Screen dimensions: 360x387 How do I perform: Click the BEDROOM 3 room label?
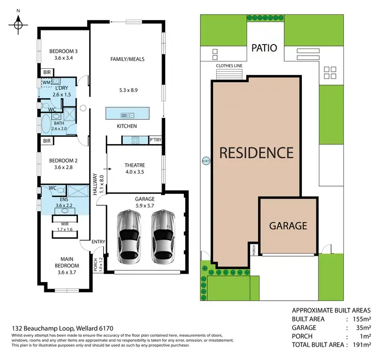pos(63,51)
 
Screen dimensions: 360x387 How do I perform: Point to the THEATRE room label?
pos(135,165)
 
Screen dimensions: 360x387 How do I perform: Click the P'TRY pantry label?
pos(155,140)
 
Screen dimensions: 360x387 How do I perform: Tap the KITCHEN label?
pos(127,126)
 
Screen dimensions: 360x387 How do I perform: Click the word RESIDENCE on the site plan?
pos(256,153)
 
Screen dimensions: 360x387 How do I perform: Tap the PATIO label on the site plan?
pos(264,48)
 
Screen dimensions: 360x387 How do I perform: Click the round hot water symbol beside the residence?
pos(205,160)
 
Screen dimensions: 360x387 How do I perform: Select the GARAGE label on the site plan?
pos(288,226)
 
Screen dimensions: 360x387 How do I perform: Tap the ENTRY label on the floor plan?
pos(98,242)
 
